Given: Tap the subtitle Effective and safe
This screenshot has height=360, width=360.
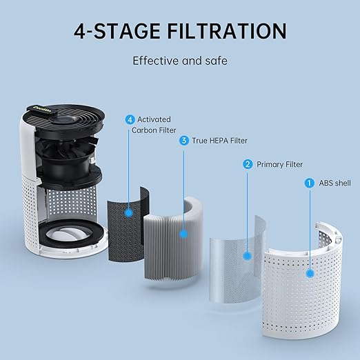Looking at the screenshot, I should pyautogui.click(x=179, y=61).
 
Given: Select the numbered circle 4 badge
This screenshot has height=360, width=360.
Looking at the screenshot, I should pyautogui.click(x=130, y=119).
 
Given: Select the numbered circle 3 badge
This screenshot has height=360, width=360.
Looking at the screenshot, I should pyautogui.click(x=183, y=141).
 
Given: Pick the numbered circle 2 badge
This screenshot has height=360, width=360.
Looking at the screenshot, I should pyautogui.click(x=248, y=164).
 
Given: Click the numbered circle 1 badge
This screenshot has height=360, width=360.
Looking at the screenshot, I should pyautogui.click(x=310, y=183).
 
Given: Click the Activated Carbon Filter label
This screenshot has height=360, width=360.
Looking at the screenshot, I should pyautogui.click(x=154, y=124).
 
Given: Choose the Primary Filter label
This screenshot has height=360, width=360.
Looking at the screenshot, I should pyautogui.click(x=279, y=164).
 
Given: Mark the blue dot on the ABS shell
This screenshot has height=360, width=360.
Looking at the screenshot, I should pyautogui.click(x=310, y=273).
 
